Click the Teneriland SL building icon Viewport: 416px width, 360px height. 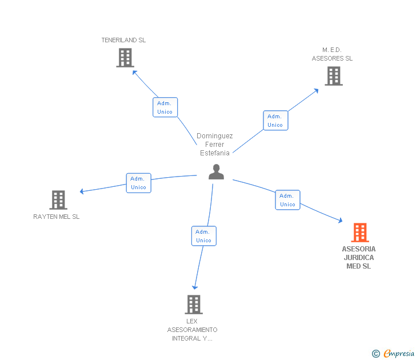coord(125,58)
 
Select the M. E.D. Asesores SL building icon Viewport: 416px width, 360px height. coord(334,76)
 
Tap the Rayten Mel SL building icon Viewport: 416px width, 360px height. coord(58,200)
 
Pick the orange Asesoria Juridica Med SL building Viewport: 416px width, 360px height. coord(359,233)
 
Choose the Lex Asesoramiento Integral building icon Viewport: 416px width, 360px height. coord(194,305)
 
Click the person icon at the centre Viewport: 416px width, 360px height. coord(216,171)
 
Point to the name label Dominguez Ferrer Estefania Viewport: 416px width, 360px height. coord(215,144)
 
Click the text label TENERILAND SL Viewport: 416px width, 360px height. coord(123,40)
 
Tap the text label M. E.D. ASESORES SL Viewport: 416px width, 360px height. coord(332,54)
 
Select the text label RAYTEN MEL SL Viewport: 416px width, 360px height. coord(57,217)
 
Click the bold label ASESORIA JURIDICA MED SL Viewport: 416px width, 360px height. coord(359,257)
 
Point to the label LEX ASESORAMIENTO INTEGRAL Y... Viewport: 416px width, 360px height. coord(192,330)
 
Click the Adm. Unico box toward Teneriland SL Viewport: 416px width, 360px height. coord(165,107)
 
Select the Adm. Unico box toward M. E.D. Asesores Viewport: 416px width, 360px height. coord(275,121)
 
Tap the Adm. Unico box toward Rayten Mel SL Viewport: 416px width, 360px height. coord(138,183)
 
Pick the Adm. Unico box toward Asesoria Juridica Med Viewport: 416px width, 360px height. coord(287,200)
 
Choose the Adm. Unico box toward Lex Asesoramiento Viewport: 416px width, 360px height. coord(203,236)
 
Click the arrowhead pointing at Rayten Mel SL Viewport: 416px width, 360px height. coord(82,191)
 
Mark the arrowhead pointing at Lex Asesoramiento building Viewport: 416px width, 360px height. coord(195,287)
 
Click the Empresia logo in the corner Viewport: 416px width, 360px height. coord(393,353)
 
